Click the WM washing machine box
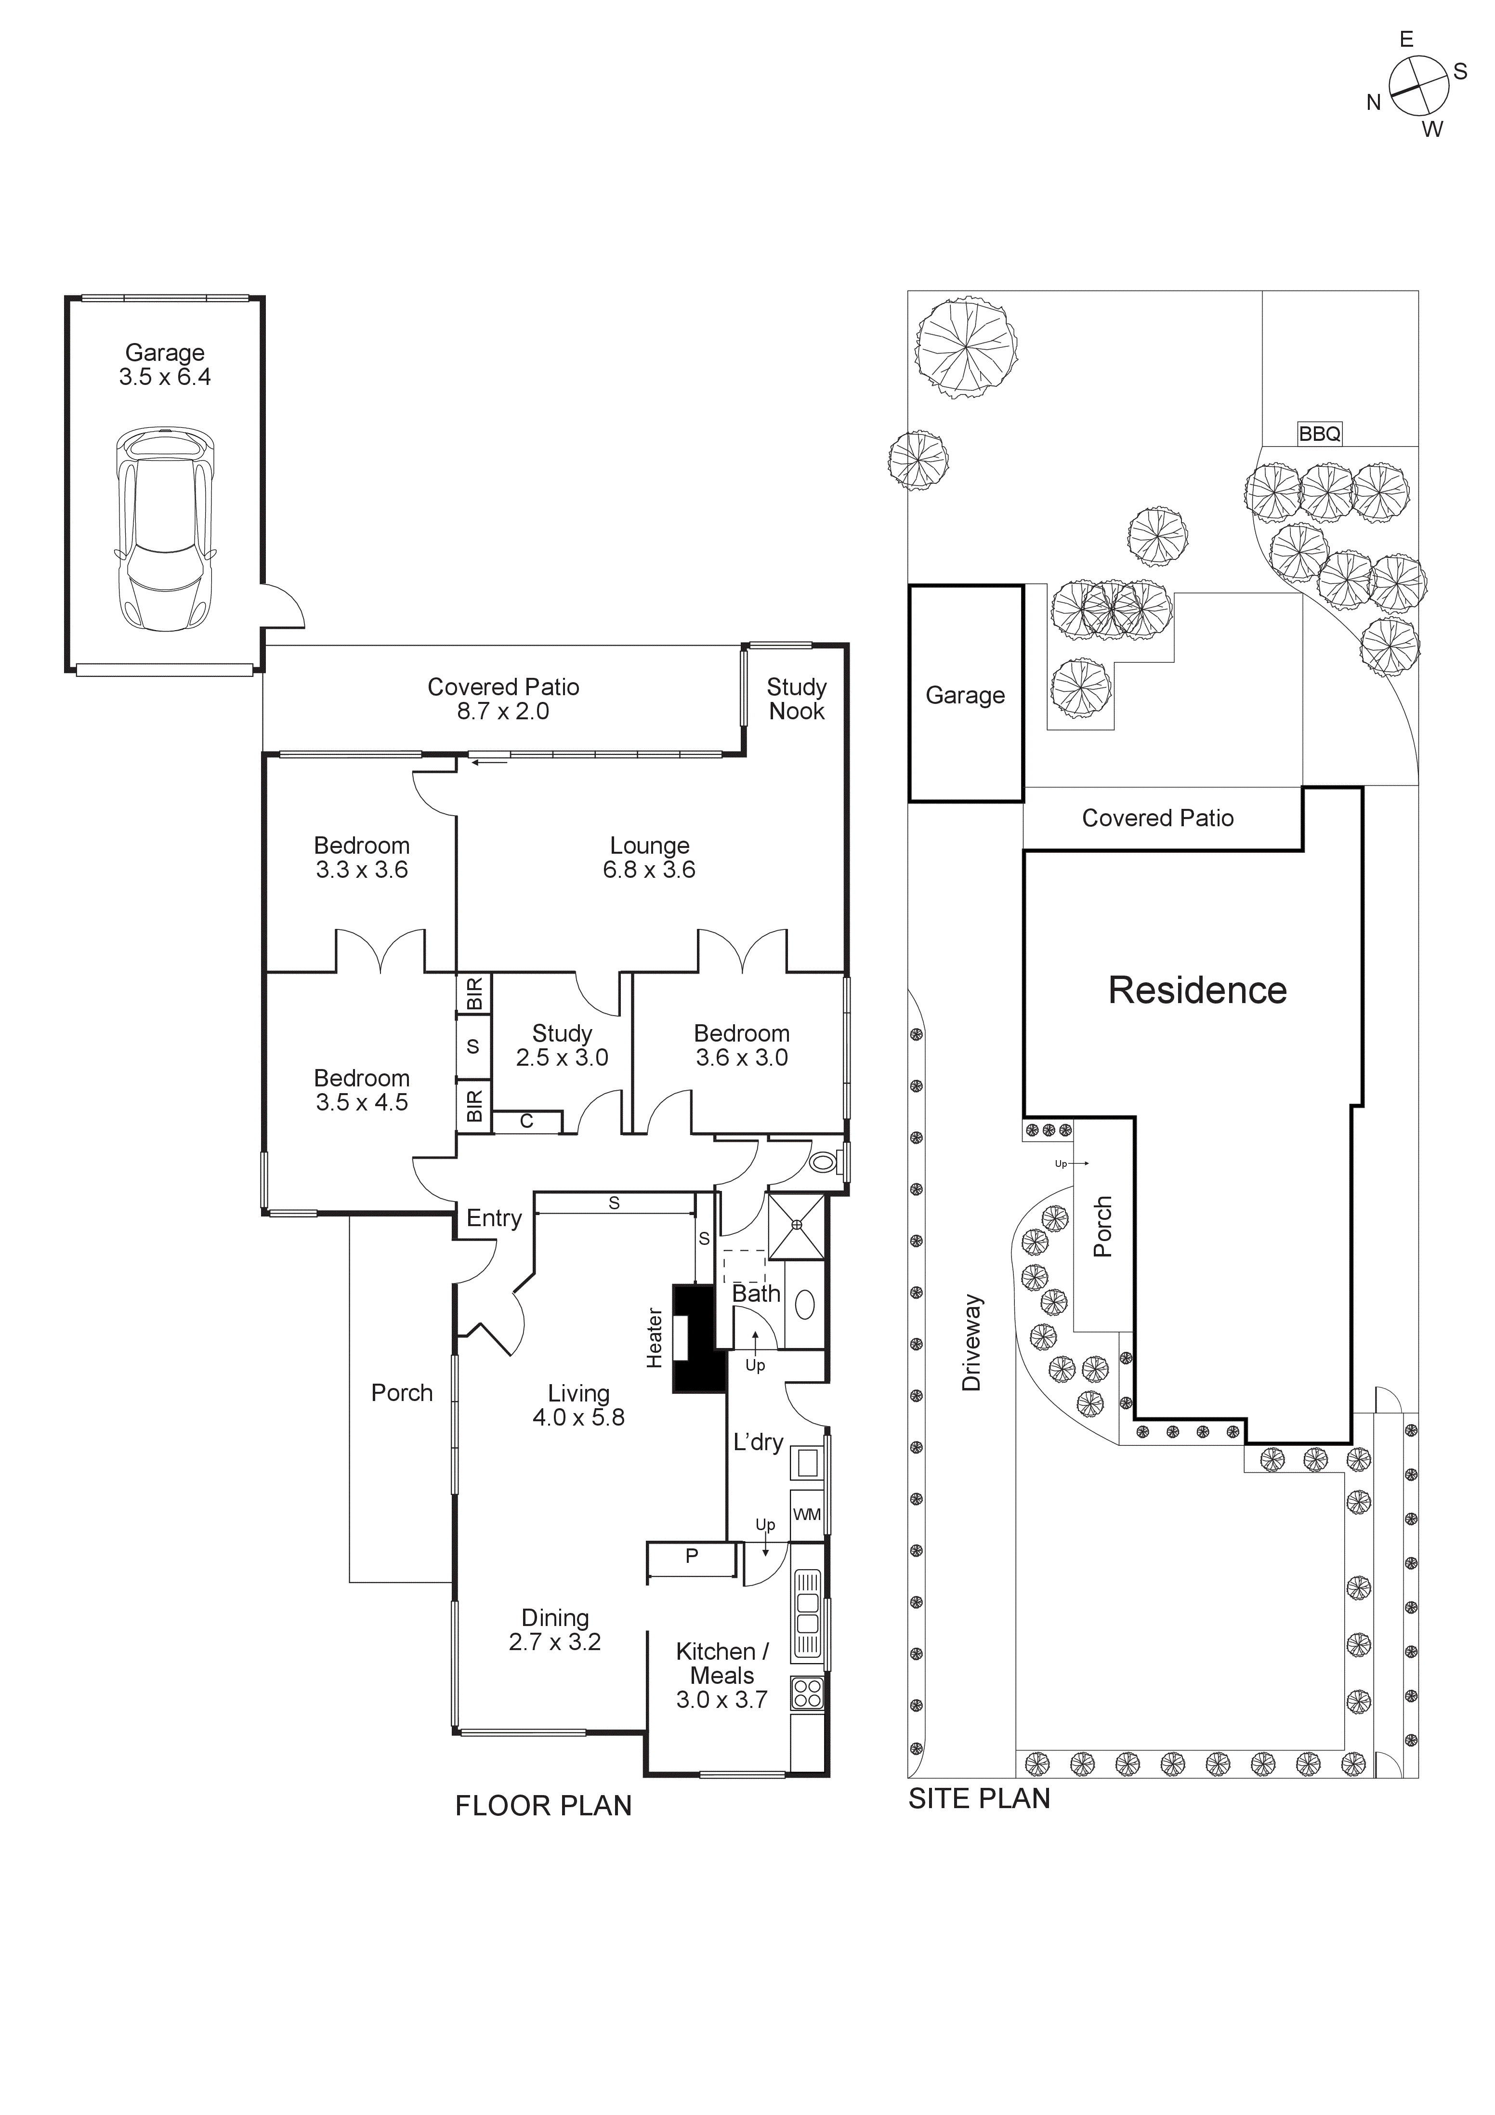(x=807, y=1514)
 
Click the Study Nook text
(x=797, y=699)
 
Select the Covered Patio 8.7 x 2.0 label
(x=503, y=699)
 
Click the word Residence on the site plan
(x=1196, y=990)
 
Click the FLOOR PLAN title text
(x=543, y=1806)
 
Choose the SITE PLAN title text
(x=979, y=1799)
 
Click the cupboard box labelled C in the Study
(x=527, y=1122)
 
